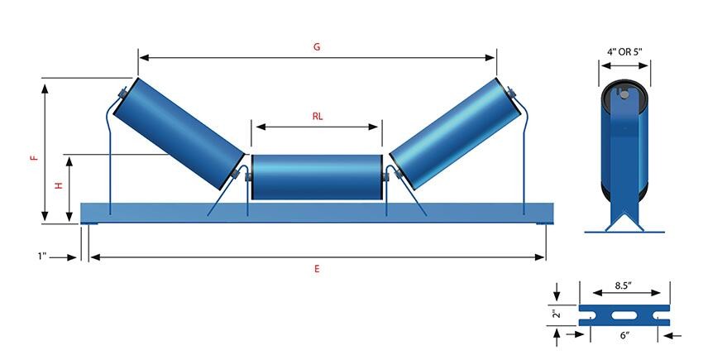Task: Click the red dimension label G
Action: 317,47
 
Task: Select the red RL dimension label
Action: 317,117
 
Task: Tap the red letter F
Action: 33,158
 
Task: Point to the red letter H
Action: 59,185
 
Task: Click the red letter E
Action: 317,269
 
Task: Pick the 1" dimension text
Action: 43,256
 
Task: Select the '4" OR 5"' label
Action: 625,52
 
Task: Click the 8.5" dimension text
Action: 625,286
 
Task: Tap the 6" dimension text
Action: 625,334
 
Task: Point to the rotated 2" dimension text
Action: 557,314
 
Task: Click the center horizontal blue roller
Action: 317,177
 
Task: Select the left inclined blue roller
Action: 179,133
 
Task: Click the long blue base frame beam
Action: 317,213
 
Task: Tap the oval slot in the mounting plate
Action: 624,315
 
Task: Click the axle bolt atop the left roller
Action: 123,93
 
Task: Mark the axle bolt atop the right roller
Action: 510,93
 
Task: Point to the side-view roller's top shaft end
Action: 624,94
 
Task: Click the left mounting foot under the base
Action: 89,224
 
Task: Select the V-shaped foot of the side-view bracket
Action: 624,222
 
